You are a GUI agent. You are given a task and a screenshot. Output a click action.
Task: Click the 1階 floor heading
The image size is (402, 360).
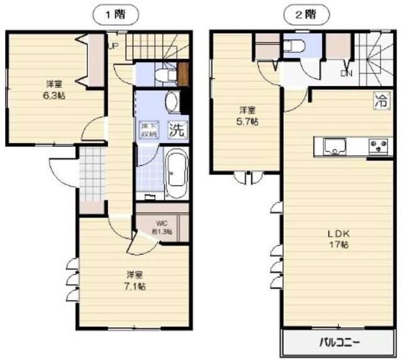pyautogui.click(x=115, y=13)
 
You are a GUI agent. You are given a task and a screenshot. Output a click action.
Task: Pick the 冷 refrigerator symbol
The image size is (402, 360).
pyautogui.click(x=381, y=99)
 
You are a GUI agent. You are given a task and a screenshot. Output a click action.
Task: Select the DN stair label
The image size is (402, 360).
pyautogui.click(x=346, y=74)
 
